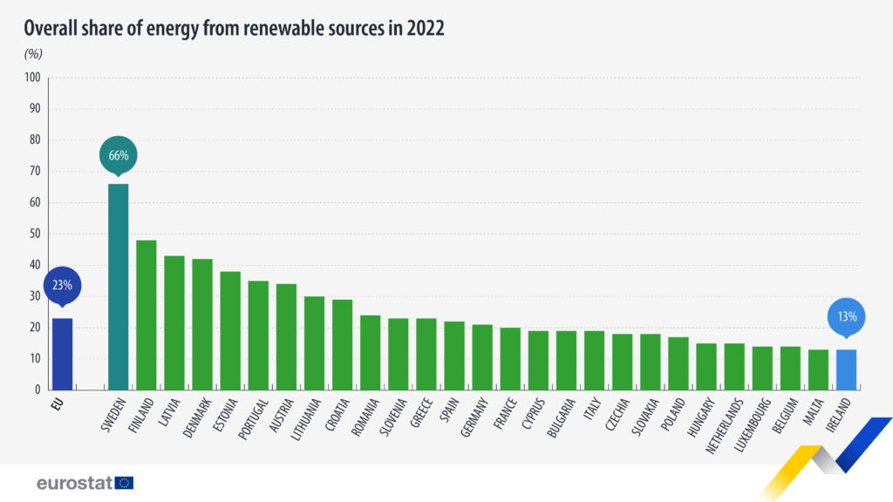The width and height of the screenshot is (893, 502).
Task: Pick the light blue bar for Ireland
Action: click(846, 370)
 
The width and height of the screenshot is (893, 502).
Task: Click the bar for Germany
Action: click(482, 357)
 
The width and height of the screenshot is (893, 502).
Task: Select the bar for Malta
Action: click(818, 370)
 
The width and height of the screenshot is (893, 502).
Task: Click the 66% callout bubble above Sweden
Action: click(119, 155)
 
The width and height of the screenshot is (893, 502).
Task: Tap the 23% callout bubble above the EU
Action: click(62, 285)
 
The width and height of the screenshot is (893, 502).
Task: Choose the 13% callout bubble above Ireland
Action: click(847, 316)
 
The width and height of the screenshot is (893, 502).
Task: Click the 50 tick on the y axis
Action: click(35, 234)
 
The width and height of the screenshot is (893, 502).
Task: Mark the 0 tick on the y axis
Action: click(37, 390)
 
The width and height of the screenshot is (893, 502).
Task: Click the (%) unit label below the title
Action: click(33, 53)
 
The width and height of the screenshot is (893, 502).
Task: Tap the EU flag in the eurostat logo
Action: click(124, 482)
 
